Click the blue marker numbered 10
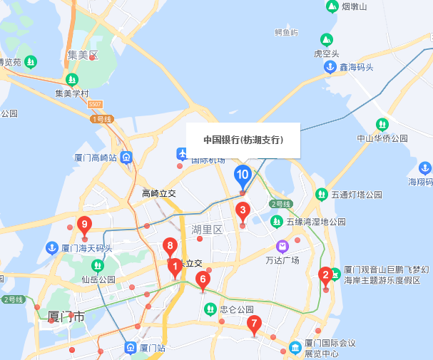[243, 174]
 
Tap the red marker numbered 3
[243, 210]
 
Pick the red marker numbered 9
[84, 225]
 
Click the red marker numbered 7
[253, 323]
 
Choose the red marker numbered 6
[203, 279]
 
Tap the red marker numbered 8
[170, 246]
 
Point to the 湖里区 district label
[207, 230]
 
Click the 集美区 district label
[82, 55]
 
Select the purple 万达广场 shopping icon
[282, 247]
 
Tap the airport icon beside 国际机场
[182, 153]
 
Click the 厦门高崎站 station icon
[126, 158]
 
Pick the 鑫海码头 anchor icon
[330, 67]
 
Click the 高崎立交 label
[158, 193]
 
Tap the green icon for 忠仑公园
[210, 309]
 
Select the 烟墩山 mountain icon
[332, 6]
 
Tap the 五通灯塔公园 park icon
[321, 194]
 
